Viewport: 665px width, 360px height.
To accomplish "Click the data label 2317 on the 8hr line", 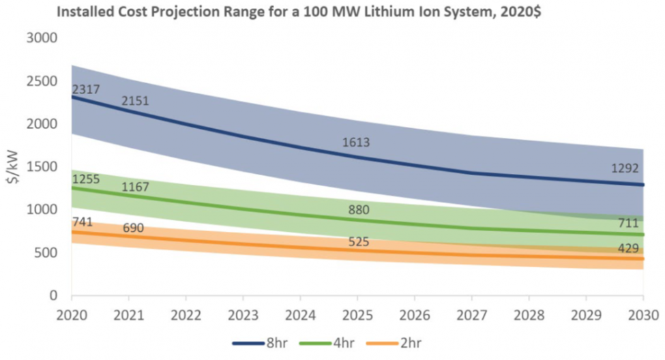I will [85, 89].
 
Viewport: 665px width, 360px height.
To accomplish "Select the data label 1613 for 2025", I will [355, 142].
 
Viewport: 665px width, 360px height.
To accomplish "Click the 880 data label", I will [358, 210].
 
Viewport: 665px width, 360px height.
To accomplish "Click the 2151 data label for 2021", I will [135, 101].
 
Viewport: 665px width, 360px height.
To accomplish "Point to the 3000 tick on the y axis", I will [41, 37].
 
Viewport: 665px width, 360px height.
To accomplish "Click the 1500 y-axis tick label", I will [41, 167].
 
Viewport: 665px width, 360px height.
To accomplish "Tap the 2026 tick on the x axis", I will [414, 315].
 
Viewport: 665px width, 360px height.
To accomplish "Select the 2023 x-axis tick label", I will [243, 315].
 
